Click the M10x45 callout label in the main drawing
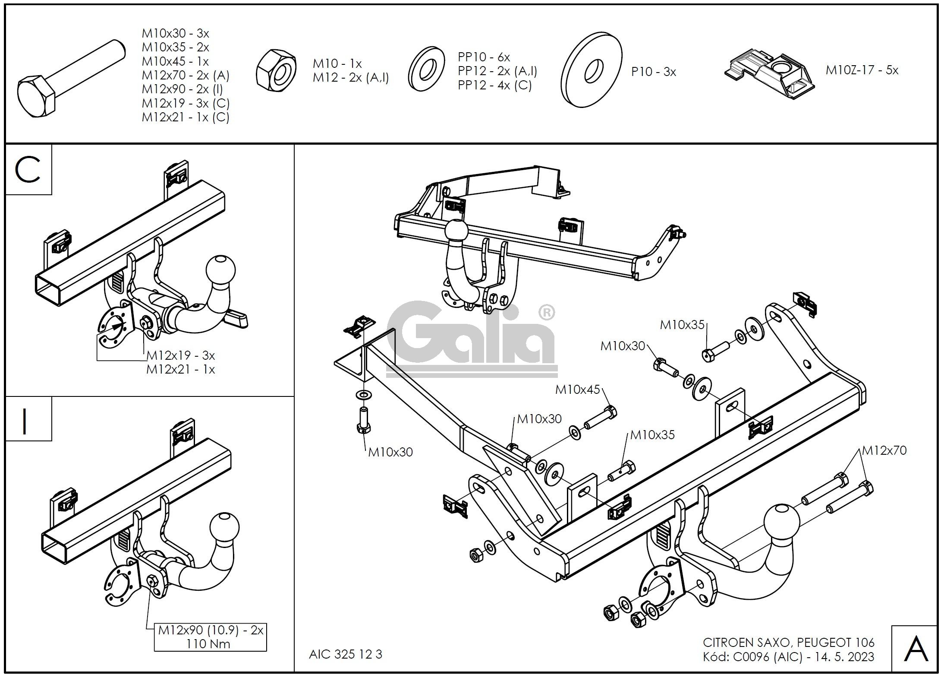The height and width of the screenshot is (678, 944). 577,390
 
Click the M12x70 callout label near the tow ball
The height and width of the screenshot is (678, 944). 884,450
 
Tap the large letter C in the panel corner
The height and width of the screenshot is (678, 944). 28,170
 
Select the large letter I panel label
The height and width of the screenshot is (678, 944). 25,421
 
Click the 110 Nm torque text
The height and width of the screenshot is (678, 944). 208,644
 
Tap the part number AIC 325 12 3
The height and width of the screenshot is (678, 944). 346,654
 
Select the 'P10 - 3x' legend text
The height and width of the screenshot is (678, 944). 653,72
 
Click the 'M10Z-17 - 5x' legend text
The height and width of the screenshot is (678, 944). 862,70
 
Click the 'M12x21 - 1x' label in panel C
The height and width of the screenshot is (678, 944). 180,369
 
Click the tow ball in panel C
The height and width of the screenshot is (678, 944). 221,270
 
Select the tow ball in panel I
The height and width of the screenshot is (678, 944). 224,527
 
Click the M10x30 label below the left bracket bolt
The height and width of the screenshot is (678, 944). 390,452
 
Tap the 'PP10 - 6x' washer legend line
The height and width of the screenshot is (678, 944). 484,57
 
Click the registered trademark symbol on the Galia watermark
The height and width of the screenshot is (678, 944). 547,312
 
